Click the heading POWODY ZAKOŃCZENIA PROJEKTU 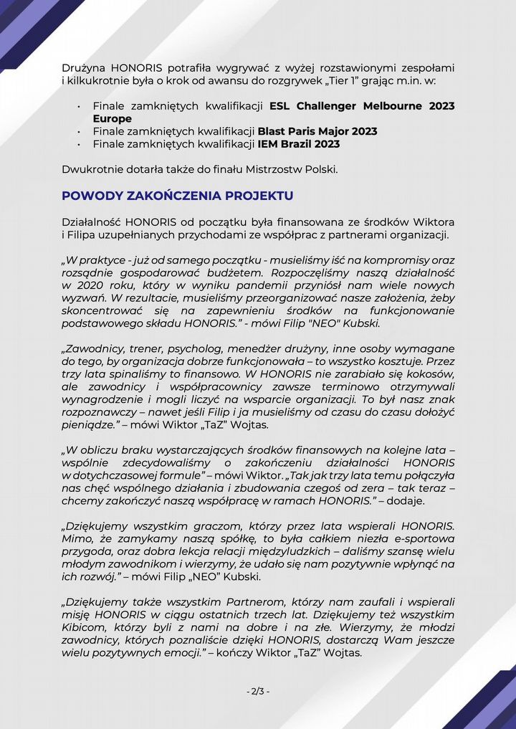coord(177,196)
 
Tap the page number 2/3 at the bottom coord(258,691)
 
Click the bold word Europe coord(113,118)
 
